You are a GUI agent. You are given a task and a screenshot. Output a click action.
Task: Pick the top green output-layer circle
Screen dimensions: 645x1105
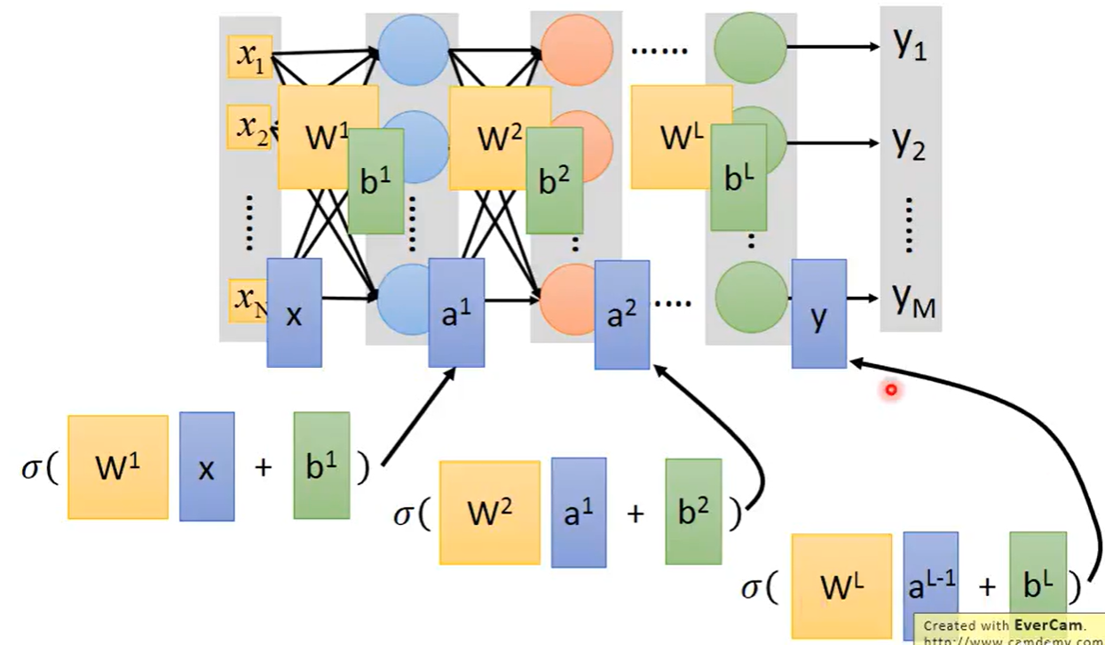coord(750,46)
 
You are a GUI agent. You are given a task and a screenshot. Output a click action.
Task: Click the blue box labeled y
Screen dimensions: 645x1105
coord(818,313)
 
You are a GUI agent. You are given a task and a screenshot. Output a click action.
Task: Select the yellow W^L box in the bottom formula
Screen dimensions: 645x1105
coord(841,585)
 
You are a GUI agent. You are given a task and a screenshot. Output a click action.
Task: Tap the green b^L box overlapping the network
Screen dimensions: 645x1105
coord(738,177)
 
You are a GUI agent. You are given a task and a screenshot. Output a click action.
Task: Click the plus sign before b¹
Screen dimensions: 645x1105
coord(263,467)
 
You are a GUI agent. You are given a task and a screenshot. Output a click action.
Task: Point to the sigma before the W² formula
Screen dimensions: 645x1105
coord(403,514)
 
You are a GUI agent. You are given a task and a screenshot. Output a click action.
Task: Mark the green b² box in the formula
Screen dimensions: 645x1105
coord(692,511)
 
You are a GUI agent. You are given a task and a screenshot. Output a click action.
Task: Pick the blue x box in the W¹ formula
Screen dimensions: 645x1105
coord(207,466)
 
